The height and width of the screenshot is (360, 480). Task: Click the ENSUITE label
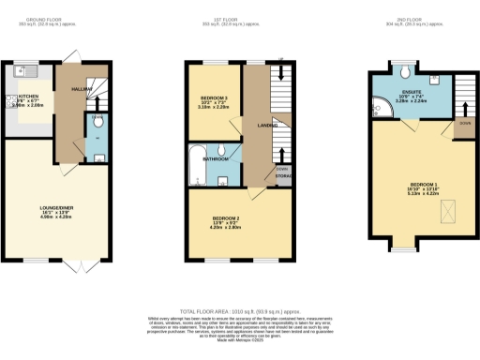(x=412, y=91)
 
